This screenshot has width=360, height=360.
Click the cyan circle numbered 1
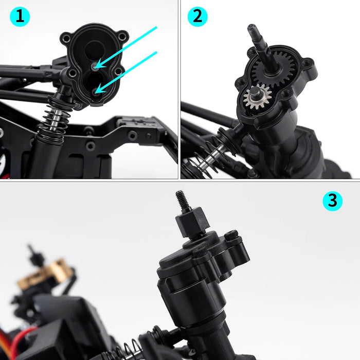pyautogui.click(x=20, y=17)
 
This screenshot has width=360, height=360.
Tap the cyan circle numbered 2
pyautogui.click(x=197, y=17)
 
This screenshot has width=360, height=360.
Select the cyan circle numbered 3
pyautogui.click(x=332, y=201)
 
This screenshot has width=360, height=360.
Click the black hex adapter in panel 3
pyautogui.click(x=191, y=221)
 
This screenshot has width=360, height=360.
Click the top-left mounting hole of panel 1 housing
pyautogui.click(x=65, y=38)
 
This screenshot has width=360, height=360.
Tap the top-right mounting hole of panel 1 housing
pyautogui.click(x=122, y=37)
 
